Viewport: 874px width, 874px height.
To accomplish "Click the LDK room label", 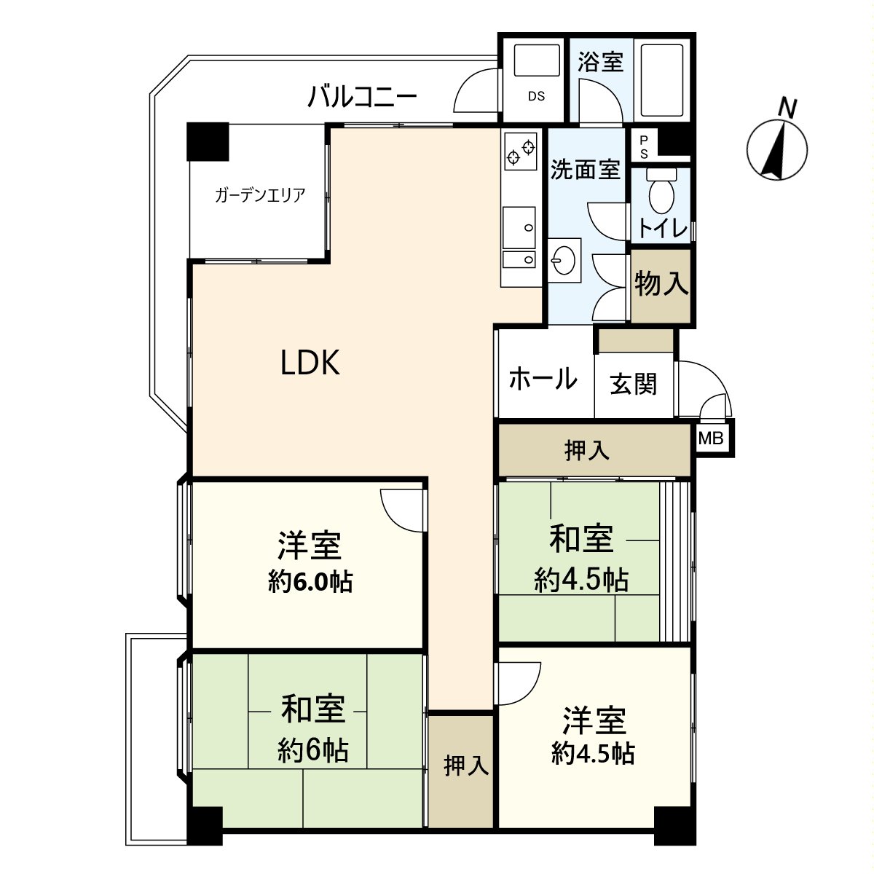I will tap(310, 362).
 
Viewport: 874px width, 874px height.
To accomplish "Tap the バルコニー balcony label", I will tap(362, 96).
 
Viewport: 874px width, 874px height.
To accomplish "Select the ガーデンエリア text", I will tap(259, 194).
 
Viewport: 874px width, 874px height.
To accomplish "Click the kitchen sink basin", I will tap(519, 227).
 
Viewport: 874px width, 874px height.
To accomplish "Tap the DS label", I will tap(536, 96).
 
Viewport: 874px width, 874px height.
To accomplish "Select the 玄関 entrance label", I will tap(633, 384).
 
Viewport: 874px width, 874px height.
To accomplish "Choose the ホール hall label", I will tap(543, 379).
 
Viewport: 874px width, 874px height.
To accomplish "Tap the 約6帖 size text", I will tap(312, 749).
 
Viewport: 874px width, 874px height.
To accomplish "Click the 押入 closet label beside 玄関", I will tap(587, 451).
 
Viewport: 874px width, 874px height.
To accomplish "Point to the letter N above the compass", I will tap(786, 108).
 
